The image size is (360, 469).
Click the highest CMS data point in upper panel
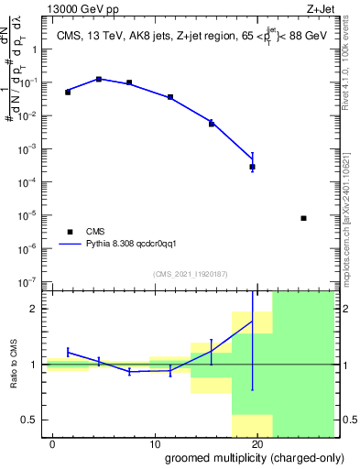99,80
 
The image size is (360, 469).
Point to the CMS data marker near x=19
252,167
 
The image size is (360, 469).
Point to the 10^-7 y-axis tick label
29,282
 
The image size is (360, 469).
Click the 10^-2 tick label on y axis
29,115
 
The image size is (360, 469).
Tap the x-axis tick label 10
155,444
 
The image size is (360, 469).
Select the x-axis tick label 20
258,444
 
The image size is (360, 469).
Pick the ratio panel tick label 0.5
30,420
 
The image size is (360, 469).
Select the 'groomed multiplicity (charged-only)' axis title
249,458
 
